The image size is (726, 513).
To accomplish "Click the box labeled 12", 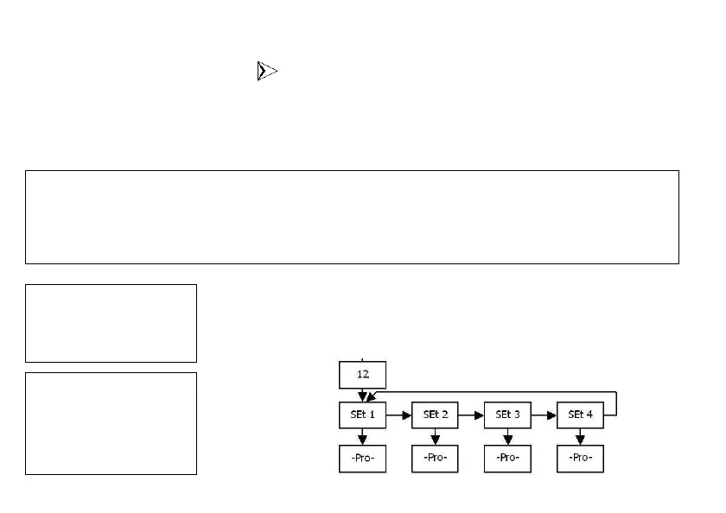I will click(x=362, y=375).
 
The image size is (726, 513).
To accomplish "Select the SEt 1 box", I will click(x=362, y=415).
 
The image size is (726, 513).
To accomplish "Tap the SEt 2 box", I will click(x=435, y=415).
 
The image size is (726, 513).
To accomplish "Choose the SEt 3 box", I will click(x=507, y=415).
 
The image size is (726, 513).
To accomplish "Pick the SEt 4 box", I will click(x=580, y=415).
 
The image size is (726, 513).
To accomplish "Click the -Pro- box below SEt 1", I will click(x=362, y=458).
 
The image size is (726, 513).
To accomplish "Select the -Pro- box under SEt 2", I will click(x=435, y=458).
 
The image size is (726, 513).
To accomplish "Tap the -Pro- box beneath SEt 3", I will click(x=507, y=458).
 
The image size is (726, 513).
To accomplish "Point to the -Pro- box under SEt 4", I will click(x=580, y=458).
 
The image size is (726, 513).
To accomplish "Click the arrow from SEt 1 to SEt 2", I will click(x=398, y=415).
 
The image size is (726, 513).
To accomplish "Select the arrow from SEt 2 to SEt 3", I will click(x=471, y=415).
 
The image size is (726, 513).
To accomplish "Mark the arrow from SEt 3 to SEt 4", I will click(x=544, y=415).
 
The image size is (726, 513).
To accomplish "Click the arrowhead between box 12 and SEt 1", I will click(x=362, y=396).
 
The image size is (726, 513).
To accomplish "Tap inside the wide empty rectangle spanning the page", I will click(x=352, y=217).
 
